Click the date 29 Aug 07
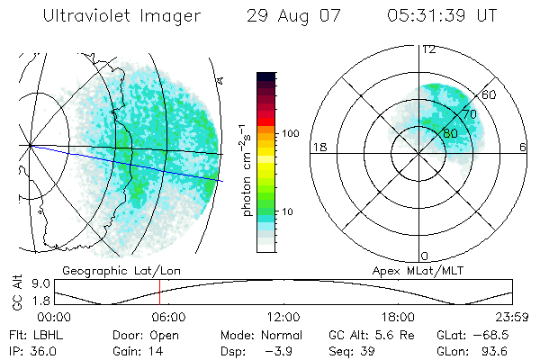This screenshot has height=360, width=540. click(x=289, y=17)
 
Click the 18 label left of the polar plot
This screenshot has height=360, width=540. click(x=318, y=148)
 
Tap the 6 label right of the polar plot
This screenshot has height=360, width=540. click(x=523, y=148)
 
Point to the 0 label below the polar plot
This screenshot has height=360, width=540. click(x=425, y=256)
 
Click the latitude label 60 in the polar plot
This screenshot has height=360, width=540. click(x=490, y=94)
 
